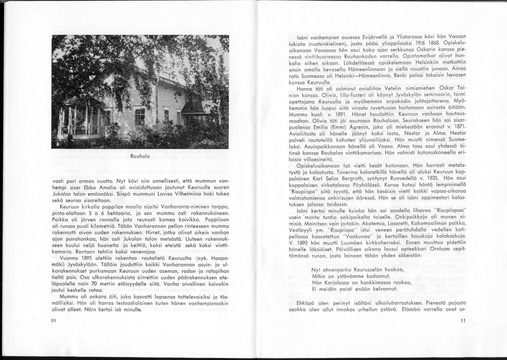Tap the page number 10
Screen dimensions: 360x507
coord(54,321)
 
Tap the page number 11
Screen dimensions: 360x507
coord(462,320)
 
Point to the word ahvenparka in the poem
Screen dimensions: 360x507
coord(339,269)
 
